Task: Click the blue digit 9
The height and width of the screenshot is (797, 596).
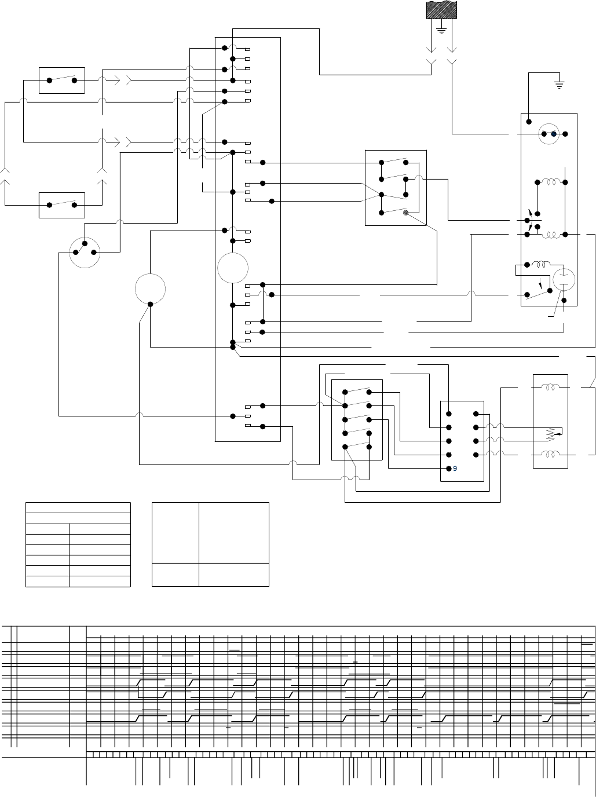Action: point(455,469)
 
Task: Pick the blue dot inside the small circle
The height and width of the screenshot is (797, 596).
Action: point(554,134)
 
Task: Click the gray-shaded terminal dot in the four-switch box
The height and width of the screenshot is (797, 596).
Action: point(406,213)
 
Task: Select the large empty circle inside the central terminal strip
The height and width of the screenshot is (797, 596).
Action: point(233,268)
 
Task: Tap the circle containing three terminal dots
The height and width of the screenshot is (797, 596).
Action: point(85,251)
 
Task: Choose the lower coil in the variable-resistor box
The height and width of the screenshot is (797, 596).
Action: point(550,455)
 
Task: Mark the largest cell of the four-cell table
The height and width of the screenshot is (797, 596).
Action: point(233,532)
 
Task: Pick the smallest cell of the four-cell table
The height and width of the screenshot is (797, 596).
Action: point(175,575)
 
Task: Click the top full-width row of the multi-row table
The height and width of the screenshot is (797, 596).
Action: point(78,508)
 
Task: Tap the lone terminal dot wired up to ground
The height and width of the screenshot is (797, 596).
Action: point(529,122)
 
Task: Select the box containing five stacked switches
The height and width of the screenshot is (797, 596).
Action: point(357,420)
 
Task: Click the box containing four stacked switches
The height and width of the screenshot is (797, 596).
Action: point(396,188)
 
